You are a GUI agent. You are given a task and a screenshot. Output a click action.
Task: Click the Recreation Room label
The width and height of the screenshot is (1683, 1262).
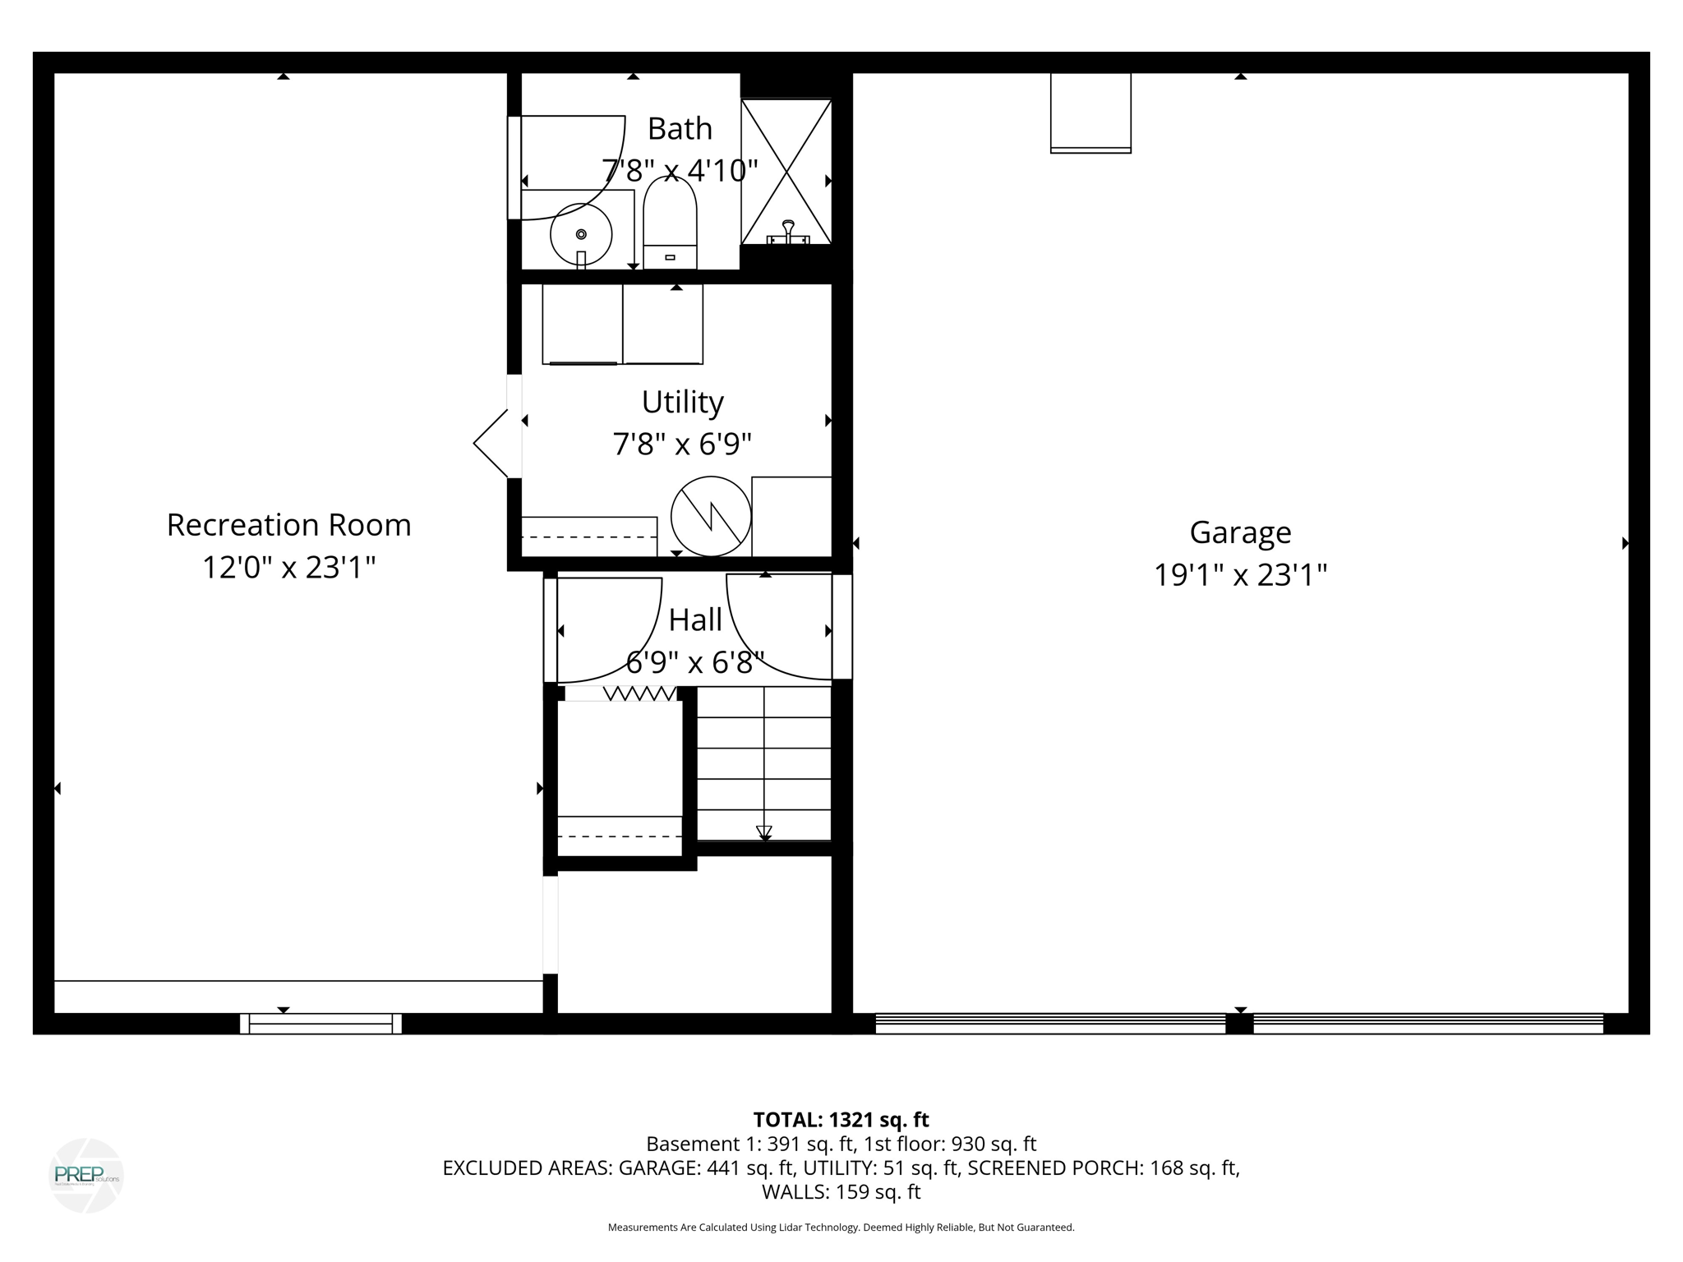click(x=288, y=525)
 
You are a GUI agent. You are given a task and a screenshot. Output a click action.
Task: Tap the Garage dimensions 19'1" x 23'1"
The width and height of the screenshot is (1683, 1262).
click(x=1240, y=575)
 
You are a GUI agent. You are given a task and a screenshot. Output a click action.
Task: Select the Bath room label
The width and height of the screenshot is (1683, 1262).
click(x=680, y=129)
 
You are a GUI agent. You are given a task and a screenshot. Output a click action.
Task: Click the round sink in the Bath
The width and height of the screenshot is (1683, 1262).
click(x=581, y=234)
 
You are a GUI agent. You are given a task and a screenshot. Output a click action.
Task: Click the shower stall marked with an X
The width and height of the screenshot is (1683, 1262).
click(x=786, y=172)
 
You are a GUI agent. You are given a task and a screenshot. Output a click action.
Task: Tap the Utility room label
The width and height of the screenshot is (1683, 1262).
click(x=682, y=403)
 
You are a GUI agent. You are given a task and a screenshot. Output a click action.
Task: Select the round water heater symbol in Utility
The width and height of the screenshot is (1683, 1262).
click(x=711, y=516)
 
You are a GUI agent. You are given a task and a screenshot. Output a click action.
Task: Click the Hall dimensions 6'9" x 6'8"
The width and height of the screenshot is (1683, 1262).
click(x=695, y=662)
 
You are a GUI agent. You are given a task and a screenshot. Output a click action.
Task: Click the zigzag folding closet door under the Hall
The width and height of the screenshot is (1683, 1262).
click(x=639, y=694)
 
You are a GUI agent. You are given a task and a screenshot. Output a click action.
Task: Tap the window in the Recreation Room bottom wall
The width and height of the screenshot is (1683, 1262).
click(x=320, y=1024)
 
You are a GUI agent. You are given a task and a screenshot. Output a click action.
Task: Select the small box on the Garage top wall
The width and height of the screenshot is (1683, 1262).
click(x=1090, y=113)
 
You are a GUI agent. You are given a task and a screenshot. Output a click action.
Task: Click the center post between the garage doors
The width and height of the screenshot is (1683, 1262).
click(x=1239, y=1024)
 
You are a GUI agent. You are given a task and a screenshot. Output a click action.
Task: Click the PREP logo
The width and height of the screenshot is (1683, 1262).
click(x=86, y=1175)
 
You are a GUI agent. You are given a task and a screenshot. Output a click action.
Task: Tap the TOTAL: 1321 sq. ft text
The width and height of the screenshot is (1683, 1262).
click(x=841, y=1120)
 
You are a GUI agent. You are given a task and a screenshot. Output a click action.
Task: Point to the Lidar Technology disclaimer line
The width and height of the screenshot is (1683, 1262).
click(x=841, y=1227)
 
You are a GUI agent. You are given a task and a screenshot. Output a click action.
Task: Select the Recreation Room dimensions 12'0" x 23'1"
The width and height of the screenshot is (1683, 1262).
click(x=288, y=568)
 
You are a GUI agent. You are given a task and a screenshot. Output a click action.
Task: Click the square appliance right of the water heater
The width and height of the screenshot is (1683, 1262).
click(x=791, y=516)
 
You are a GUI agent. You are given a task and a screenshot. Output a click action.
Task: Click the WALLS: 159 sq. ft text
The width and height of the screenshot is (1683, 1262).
click(x=841, y=1191)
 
